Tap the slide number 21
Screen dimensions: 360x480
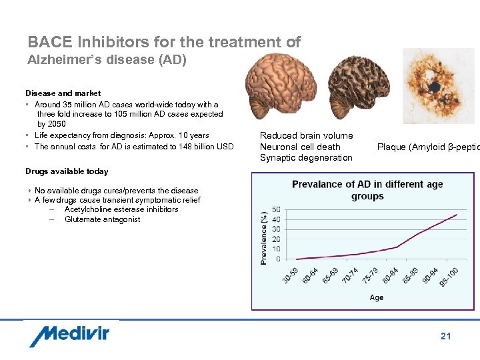point(445,336)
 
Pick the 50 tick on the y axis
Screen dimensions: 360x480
point(277,210)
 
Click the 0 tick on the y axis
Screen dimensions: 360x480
point(279,259)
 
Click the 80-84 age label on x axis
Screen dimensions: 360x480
point(390,275)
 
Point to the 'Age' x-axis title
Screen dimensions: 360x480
point(377,297)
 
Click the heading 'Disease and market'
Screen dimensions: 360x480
point(63,93)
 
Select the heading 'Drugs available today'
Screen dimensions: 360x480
point(67,171)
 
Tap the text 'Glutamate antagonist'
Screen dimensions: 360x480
point(102,219)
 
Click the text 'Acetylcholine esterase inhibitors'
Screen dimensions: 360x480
point(121,209)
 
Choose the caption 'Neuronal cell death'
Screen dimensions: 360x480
point(300,147)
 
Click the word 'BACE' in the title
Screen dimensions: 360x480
point(51,43)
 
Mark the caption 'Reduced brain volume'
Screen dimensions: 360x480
point(306,136)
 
